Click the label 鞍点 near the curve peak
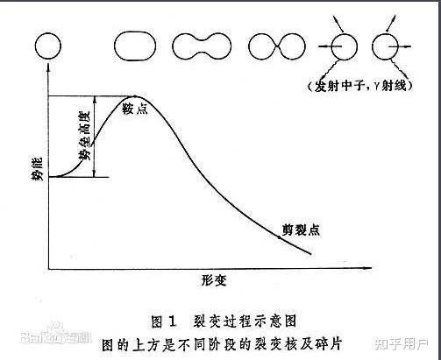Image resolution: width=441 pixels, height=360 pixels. click(x=135, y=108)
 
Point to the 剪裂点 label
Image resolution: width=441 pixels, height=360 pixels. click(x=301, y=229)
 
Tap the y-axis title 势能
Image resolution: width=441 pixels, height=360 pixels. click(x=38, y=169)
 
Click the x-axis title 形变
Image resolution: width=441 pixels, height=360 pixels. click(x=214, y=280)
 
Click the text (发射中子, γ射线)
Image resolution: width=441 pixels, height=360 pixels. click(x=360, y=86)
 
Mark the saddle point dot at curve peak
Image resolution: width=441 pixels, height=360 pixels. click(x=135, y=96)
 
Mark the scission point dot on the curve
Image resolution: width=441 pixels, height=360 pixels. click(x=280, y=237)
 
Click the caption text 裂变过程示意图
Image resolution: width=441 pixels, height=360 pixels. click(x=245, y=321)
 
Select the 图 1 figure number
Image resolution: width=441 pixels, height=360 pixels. click(x=164, y=321)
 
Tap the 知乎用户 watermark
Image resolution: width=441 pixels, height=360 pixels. click(x=402, y=344)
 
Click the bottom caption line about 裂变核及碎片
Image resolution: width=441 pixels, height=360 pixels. click(x=222, y=344)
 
